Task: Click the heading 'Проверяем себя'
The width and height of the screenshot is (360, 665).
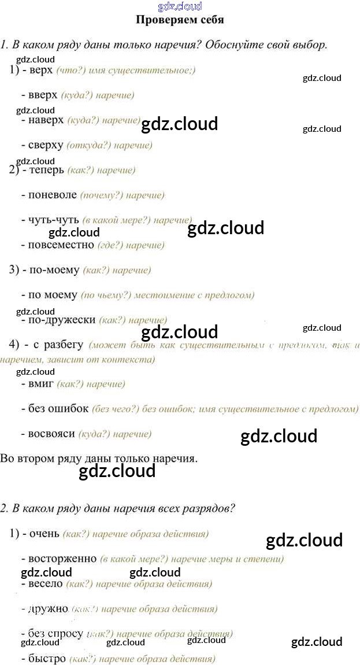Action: (179, 20)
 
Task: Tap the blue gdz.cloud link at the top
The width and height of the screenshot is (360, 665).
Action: (179, 6)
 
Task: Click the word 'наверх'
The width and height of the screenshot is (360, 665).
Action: (46, 120)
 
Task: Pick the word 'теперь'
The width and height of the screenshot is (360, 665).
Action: (46, 170)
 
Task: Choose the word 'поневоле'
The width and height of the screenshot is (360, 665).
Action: (52, 195)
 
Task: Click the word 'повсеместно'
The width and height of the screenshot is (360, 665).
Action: (61, 245)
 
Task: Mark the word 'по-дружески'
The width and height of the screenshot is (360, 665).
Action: (62, 320)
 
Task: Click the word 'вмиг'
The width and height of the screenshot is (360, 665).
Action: (41, 383)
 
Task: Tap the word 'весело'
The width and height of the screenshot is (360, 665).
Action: (45, 583)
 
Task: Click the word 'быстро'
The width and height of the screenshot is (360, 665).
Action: (46, 659)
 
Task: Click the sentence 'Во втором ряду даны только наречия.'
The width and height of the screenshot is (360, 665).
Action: (99, 459)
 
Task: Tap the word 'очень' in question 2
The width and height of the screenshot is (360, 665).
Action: (44, 534)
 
